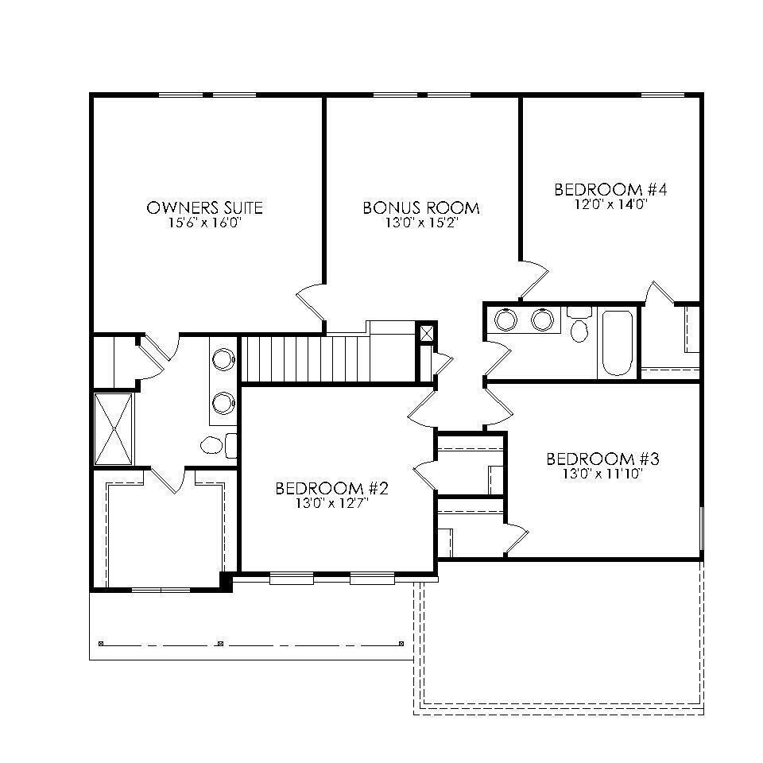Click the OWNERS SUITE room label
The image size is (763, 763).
[204, 208]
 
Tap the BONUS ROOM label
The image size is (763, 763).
[421, 208]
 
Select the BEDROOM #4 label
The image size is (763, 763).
[610, 190]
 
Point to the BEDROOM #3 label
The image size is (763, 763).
[603, 459]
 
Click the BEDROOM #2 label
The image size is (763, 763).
[332, 488]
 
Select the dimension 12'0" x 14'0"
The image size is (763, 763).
[610, 203]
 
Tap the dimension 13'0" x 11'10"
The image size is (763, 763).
[603, 474]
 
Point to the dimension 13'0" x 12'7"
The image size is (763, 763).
[332, 502]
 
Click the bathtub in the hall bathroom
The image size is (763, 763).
[617, 343]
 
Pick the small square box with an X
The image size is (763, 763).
[428, 332]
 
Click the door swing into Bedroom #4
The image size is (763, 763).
[535, 278]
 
